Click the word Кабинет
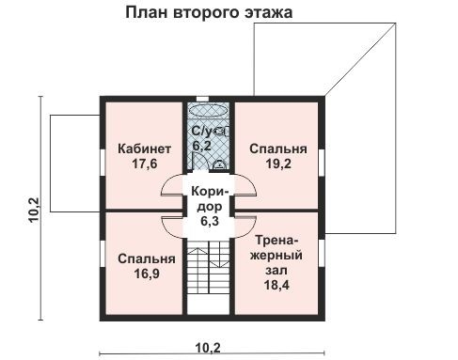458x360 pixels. [x=144, y=149]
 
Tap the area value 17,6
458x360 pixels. [x=144, y=164]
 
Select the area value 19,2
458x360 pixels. [x=278, y=164]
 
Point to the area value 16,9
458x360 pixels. [x=147, y=274]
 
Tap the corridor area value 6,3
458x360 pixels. [x=209, y=222]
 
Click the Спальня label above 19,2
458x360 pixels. [x=278, y=149]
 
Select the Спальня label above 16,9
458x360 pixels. [x=147, y=259]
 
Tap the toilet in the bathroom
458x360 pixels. [x=219, y=163]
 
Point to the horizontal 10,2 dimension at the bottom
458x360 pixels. [x=208, y=346]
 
